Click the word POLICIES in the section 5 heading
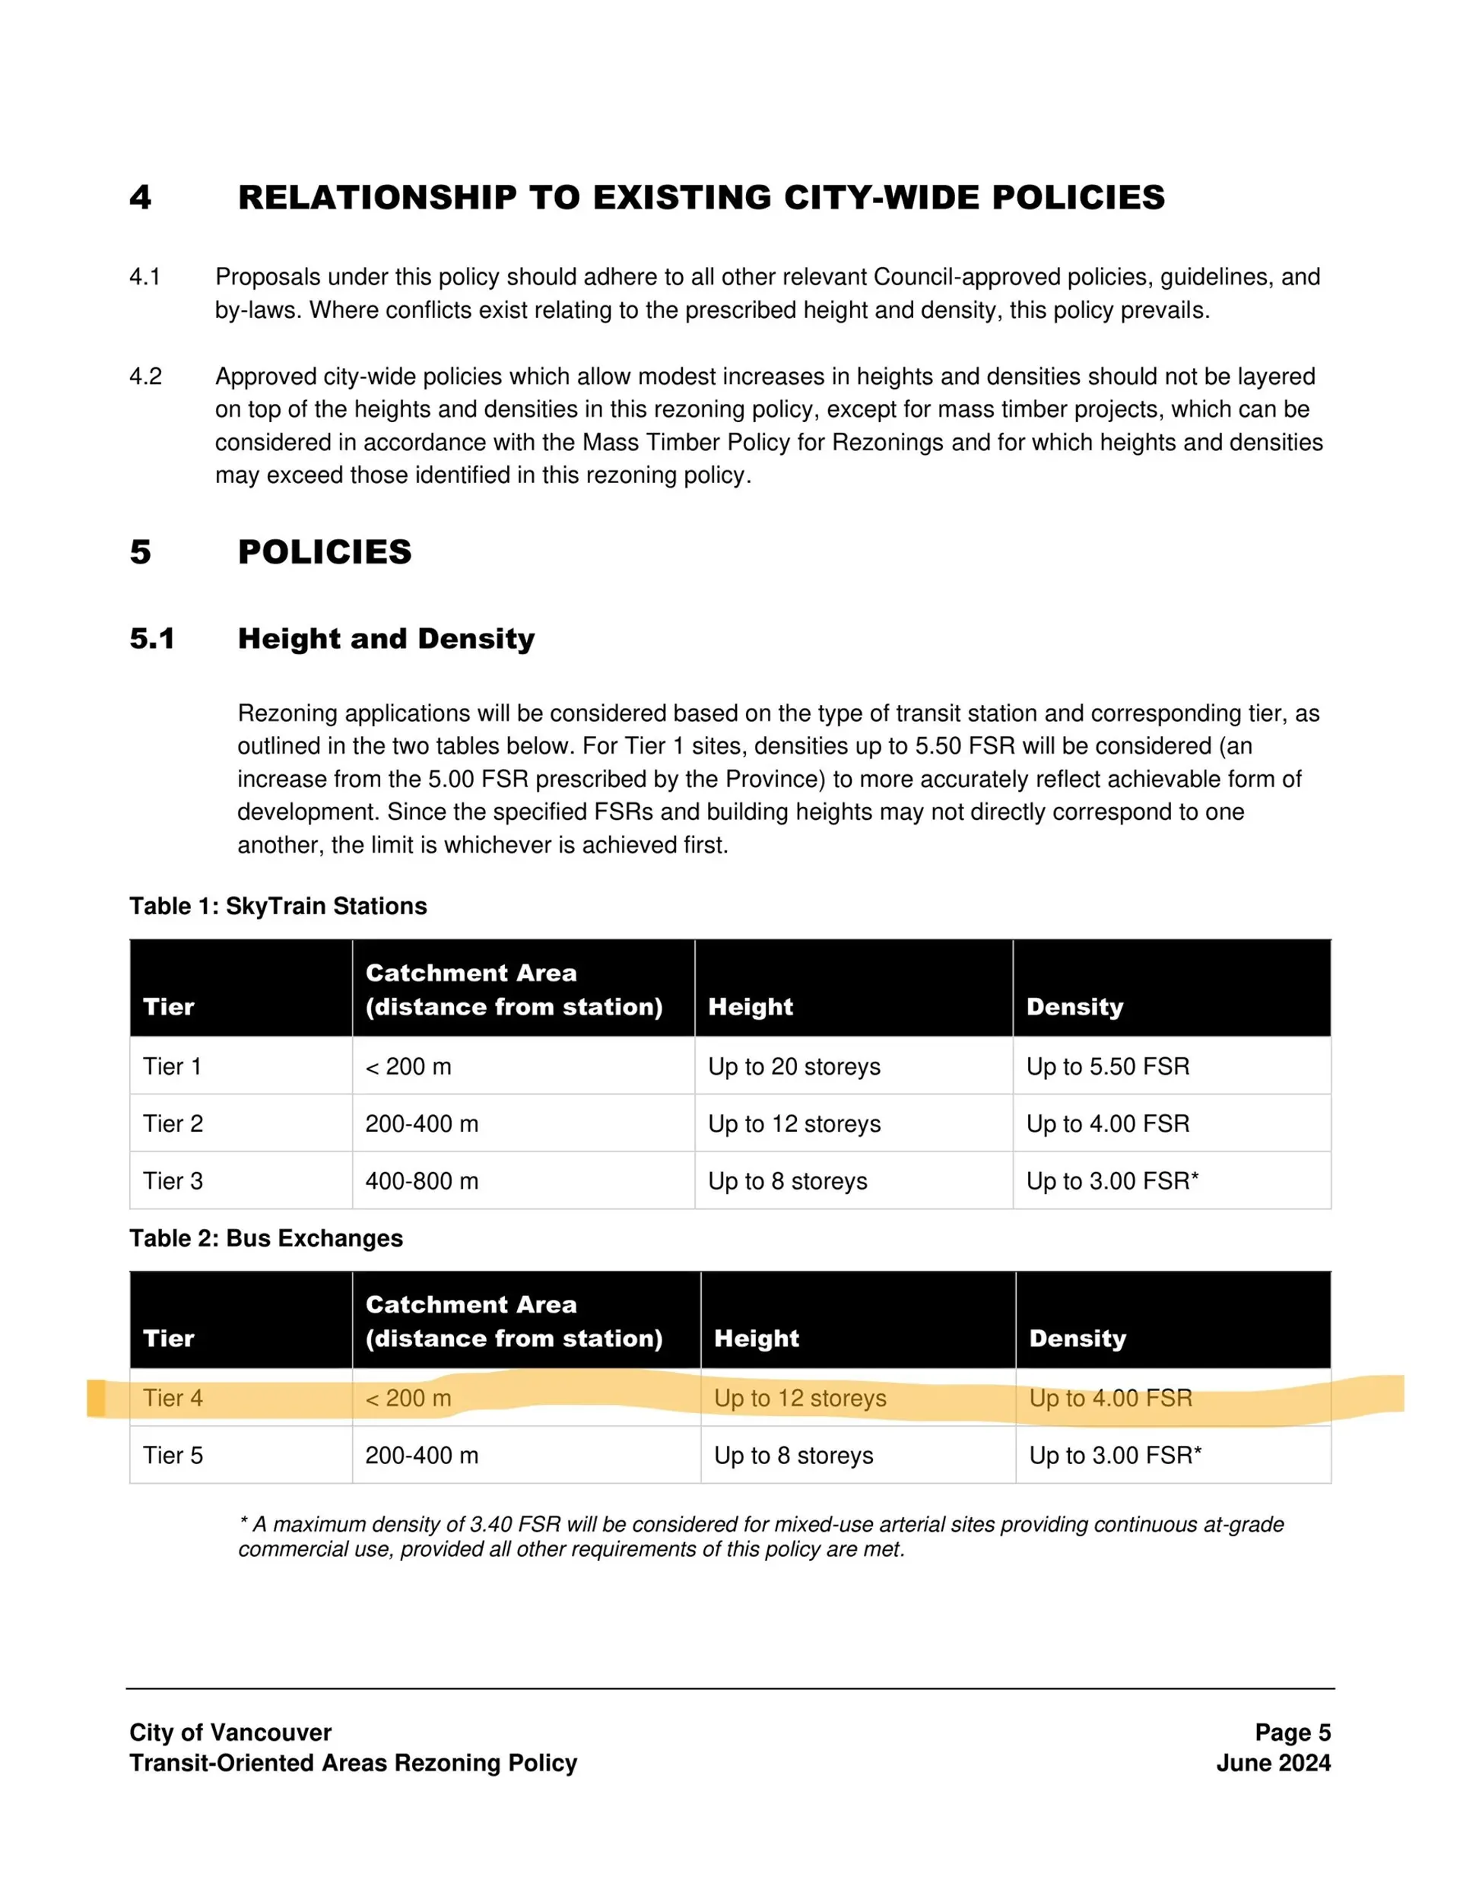coord(325,552)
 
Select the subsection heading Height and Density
coord(386,639)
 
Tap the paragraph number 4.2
coord(145,376)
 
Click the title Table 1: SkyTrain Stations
coord(278,906)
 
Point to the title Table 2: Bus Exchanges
coord(265,1238)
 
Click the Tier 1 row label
coord(172,1066)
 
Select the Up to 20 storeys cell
coord(794,1066)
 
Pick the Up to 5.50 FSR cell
coord(1107,1066)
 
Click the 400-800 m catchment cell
coord(421,1181)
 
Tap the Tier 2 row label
coord(172,1123)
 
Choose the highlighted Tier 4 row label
coord(172,1398)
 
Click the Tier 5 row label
coord(172,1456)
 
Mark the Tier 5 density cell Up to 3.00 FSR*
coord(1115,1456)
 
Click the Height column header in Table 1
coord(751,1006)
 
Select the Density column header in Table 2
coord(1078,1339)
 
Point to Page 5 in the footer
coord(1292,1733)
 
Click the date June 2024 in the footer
coord(1273,1763)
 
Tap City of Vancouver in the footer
coord(230,1733)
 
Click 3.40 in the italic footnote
coord(490,1524)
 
